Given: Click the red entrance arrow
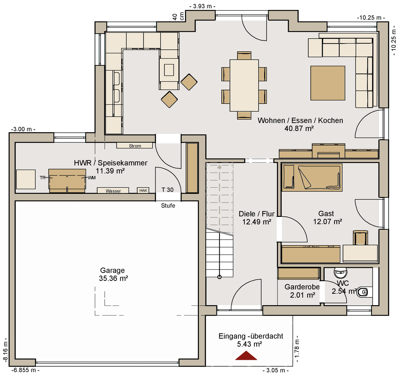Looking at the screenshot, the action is [x=246, y=356].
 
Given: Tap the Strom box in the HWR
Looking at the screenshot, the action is [x=134, y=146].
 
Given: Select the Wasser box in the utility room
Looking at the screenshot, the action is [x=113, y=190].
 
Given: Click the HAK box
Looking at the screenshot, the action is [x=143, y=190].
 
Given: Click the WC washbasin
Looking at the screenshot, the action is [x=341, y=273].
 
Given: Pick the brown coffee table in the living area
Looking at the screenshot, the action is [x=328, y=83].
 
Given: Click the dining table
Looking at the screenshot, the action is [x=244, y=85].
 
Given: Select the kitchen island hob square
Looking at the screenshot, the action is [x=169, y=70].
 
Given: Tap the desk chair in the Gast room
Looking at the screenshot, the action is [x=361, y=238].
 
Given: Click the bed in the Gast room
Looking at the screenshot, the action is [x=312, y=177].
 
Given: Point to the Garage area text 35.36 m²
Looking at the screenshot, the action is [x=113, y=278].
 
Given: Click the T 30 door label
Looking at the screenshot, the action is [x=167, y=190].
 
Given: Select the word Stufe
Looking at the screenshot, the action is [x=168, y=205].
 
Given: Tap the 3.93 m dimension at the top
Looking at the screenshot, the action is [x=202, y=6].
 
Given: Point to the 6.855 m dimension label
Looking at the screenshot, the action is [x=25, y=370].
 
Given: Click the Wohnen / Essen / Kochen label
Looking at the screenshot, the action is [x=300, y=121].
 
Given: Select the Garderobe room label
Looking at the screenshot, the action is [x=302, y=287].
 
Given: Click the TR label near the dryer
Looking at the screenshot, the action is [x=42, y=178].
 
